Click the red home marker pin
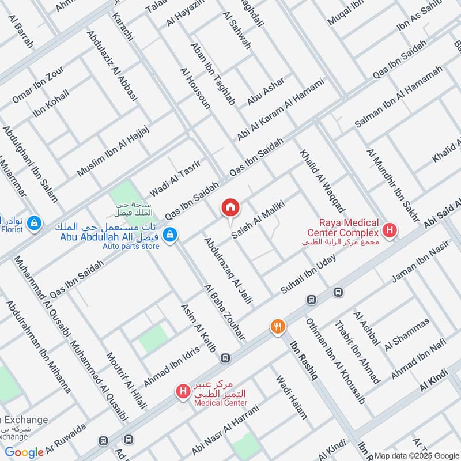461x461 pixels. point(230,207)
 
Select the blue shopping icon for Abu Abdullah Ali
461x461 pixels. point(169,235)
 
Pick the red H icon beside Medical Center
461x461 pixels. point(183,391)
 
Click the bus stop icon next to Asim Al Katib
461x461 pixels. point(224,358)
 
